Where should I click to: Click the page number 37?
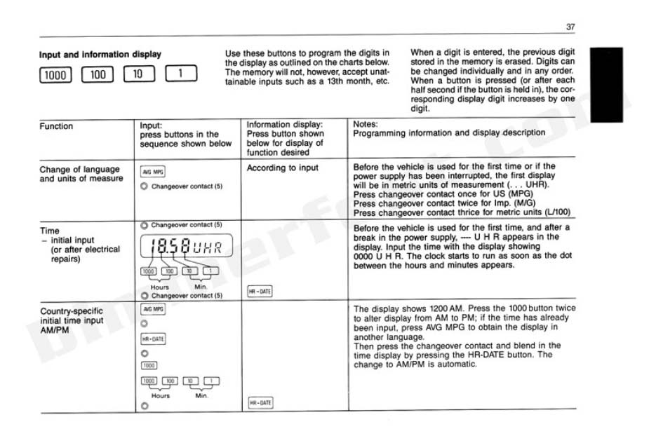click(570, 27)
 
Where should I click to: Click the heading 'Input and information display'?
click(100, 54)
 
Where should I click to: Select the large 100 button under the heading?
click(97, 74)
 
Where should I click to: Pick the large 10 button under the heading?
click(139, 74)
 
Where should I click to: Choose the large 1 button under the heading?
click(181, 74)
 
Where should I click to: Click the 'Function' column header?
click(56, 126)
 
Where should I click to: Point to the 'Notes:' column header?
click(366, 124)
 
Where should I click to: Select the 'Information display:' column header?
click(285, 125)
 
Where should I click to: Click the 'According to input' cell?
click(282, 168)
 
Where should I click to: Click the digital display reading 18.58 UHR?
click(187, 247)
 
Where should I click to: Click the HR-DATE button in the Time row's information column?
click(259, 291)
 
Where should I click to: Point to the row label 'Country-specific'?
click(71, 311)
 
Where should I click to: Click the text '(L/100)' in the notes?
click(556, 212)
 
